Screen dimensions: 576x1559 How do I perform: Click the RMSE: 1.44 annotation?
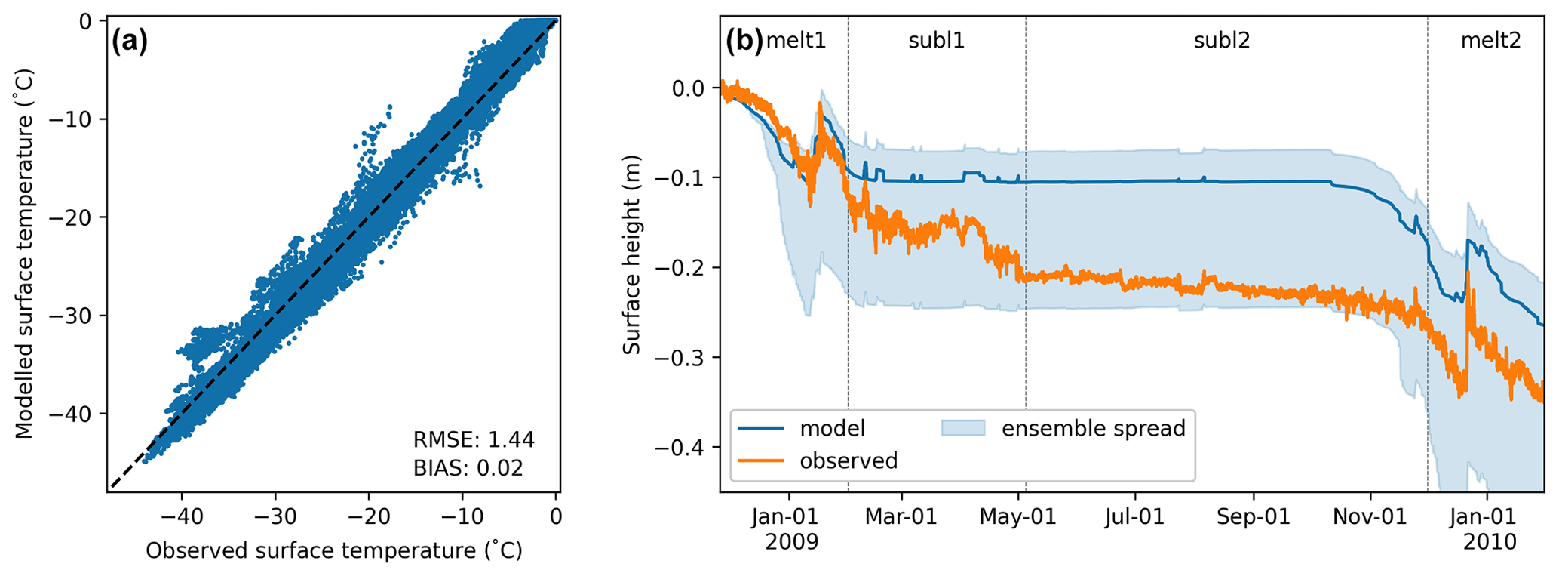[x=473, y=439]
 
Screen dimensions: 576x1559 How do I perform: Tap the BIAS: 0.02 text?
[x=468, y=468]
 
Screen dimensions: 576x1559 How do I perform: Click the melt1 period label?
[x=796, y=41]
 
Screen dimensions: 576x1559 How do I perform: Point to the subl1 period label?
[x=936, y=41]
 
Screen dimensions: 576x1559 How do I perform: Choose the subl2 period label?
[x=1222, y=41]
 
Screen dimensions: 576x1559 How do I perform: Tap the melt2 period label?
[x=1490, y=41]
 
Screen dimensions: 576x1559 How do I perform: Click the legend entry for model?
[x=832, y=429]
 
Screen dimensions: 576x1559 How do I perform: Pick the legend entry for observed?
[x=849, y=460]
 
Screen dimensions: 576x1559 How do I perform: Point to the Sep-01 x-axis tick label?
[x=1253, y=517]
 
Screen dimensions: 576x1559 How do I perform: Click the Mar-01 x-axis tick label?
[x=901, y=517]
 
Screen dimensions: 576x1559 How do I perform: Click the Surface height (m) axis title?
[x=632, y=254]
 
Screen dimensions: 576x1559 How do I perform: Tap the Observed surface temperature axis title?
[x=333, y=551]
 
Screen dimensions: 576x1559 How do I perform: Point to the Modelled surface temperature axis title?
[x=25, y=254]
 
